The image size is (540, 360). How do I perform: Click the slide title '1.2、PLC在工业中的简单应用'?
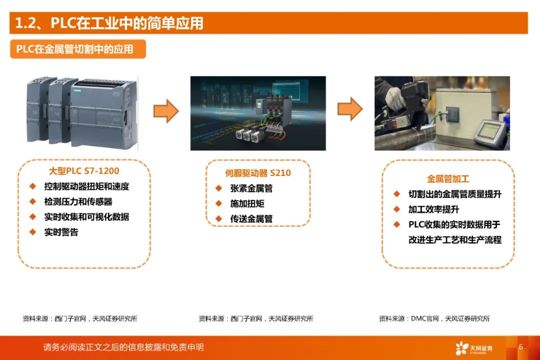[x=109, y=23]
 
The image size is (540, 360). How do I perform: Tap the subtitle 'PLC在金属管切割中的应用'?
[x=75, y=49]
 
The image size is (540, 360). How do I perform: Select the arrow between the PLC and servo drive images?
[x=166, y=111]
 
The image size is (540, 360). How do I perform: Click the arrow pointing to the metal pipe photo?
[x=350, y=109]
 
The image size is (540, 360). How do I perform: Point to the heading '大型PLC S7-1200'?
[x=84, y=171]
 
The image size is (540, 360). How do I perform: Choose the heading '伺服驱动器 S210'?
[x=257, y=173]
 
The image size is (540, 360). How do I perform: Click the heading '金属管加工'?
[x=448, y=178]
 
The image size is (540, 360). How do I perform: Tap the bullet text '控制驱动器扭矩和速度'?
[x=86, y=186]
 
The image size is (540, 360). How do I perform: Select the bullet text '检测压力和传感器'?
[x=78, y=201]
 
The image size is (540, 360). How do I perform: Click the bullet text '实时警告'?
[x=61, y=232]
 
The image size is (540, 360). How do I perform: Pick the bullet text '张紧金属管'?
[x=251, y=188]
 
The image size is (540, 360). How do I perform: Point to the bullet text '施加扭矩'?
[x=247, y=203]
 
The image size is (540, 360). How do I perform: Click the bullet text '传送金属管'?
[x=251, y=218]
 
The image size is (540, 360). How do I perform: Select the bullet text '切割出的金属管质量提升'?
[x=454, y=194]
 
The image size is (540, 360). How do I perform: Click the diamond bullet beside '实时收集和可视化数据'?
[x=33, y=216]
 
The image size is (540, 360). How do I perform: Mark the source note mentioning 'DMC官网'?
[x=434, y=318]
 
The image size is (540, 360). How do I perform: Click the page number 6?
[x=520, y=346]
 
